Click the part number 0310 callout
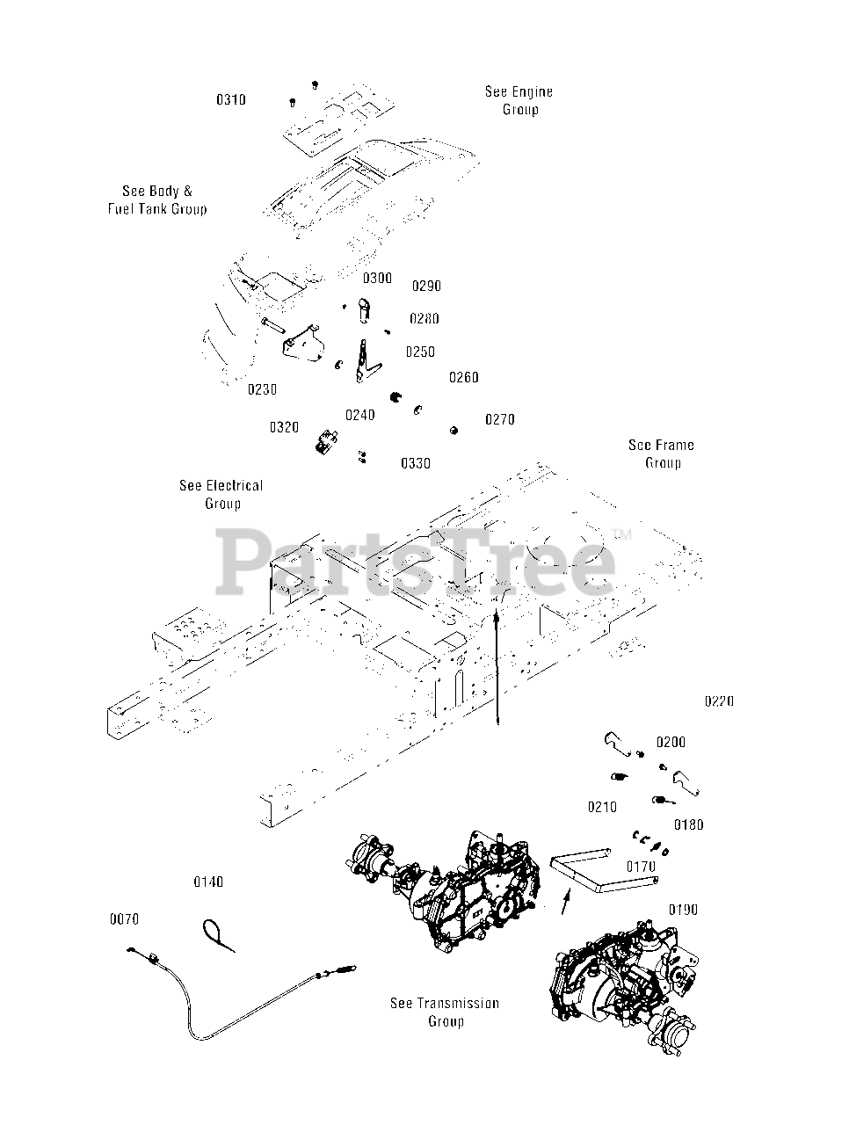click(231, 100)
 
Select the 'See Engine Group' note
click(519, 100)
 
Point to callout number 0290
click(426, 287)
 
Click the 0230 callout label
click(262, 389)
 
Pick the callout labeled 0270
click(500, 420)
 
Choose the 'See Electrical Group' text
click(221, 494)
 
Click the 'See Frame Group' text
click(661, 454)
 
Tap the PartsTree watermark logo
click(416, 563)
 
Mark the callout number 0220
click(718, 701)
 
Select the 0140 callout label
click(208, 882)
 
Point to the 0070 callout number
click(124, 920)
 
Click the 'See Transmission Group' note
click(445, 1012)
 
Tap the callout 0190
click(683, 910)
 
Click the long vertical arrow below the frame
click(497, 668)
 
